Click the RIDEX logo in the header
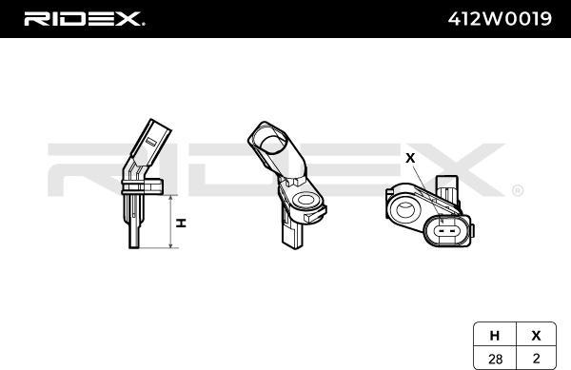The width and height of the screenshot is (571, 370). tap(84, 18)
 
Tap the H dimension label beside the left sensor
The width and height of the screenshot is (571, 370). tap(179, 223)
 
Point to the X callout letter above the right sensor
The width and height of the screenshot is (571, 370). tap(410, 158)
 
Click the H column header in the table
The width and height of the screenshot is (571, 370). tap(494, 335)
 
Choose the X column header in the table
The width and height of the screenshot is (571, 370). tap(535, 335)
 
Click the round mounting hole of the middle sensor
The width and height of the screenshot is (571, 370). tap(306, 201)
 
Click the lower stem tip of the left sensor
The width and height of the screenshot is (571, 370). tap(134, 242)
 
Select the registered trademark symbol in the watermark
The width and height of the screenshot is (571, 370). tap(517, 190)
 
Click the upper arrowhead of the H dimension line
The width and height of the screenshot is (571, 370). tap(170, 199)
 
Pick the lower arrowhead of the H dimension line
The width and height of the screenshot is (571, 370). tap(170, 246)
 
